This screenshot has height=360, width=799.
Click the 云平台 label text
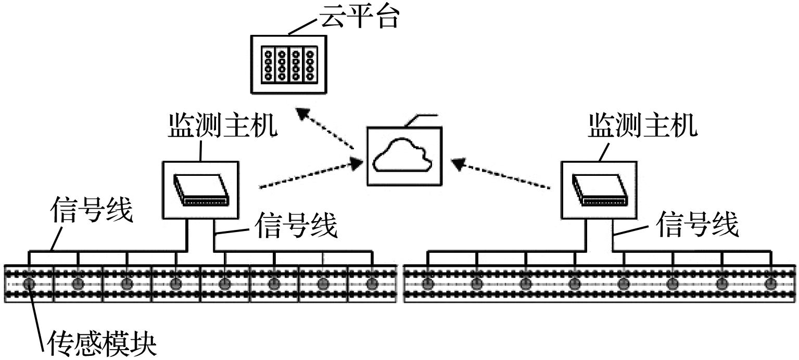[359, 17]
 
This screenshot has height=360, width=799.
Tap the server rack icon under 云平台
[288, 64]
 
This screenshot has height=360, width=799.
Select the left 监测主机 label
[222, 126]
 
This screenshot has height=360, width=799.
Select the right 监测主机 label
[643, 126]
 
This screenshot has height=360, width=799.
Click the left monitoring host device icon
[200, 189]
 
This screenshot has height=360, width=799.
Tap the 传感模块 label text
[102, 344]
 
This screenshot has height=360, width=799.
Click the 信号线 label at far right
[697, 225]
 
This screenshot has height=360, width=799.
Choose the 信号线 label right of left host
[297, 225]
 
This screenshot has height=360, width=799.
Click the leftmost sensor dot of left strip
[29, 284]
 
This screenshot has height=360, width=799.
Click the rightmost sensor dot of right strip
[771, 284]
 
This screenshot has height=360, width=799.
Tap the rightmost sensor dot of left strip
[371, 284]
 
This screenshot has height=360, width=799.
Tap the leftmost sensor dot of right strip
[428, 284]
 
